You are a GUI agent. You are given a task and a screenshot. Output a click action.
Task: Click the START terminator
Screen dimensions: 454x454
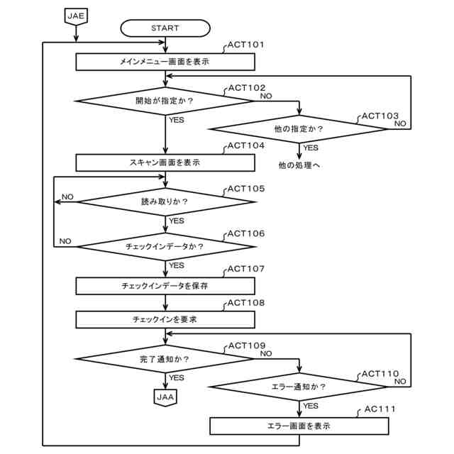[x=165, y=28]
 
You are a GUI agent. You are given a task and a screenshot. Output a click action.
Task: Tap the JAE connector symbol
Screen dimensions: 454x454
[x=76, y=16]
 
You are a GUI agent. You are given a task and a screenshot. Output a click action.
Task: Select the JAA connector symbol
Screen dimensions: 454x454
[x=165, y=397]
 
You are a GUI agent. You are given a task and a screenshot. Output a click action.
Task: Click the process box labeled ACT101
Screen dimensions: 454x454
[x=165, y=62]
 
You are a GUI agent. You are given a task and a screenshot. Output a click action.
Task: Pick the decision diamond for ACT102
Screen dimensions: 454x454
[x=165, y=101]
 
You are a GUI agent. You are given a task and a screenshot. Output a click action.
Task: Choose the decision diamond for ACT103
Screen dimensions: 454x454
[x=299, y=129]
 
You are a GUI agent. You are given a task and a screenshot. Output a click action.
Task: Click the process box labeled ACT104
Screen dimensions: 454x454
[x=165, y=162]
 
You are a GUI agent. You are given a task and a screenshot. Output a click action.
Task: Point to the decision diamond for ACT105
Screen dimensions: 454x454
[x=166, y=201]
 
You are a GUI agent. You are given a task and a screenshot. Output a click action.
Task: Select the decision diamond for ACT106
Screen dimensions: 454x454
[x=166, y=247]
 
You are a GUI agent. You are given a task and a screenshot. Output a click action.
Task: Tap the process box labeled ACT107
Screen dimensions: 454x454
[x=165, y=286]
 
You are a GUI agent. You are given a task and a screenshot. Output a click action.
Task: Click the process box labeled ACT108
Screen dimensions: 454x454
[x=165, y=320]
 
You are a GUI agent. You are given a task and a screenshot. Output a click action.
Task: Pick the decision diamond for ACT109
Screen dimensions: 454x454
[x=165, y=359]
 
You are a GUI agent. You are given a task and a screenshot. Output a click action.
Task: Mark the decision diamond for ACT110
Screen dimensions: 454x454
[x=298, y=387]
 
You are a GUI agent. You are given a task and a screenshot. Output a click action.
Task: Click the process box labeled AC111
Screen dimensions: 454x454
[x=299, y=426]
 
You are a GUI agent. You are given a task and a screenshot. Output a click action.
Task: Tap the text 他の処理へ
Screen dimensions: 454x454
[x=299, y=165]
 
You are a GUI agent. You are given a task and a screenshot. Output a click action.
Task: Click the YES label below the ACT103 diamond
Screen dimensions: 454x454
[x=311, y=148]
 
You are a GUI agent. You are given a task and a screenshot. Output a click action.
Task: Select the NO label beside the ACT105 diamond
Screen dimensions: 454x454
[x=68, y=197]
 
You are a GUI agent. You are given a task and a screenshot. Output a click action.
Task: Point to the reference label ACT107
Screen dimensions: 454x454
[x=246, y=269]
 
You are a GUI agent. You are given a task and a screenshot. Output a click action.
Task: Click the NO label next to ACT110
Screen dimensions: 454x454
[x=400, y=382]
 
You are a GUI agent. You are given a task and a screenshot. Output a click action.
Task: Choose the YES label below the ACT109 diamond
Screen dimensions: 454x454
[x=177, y=378]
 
